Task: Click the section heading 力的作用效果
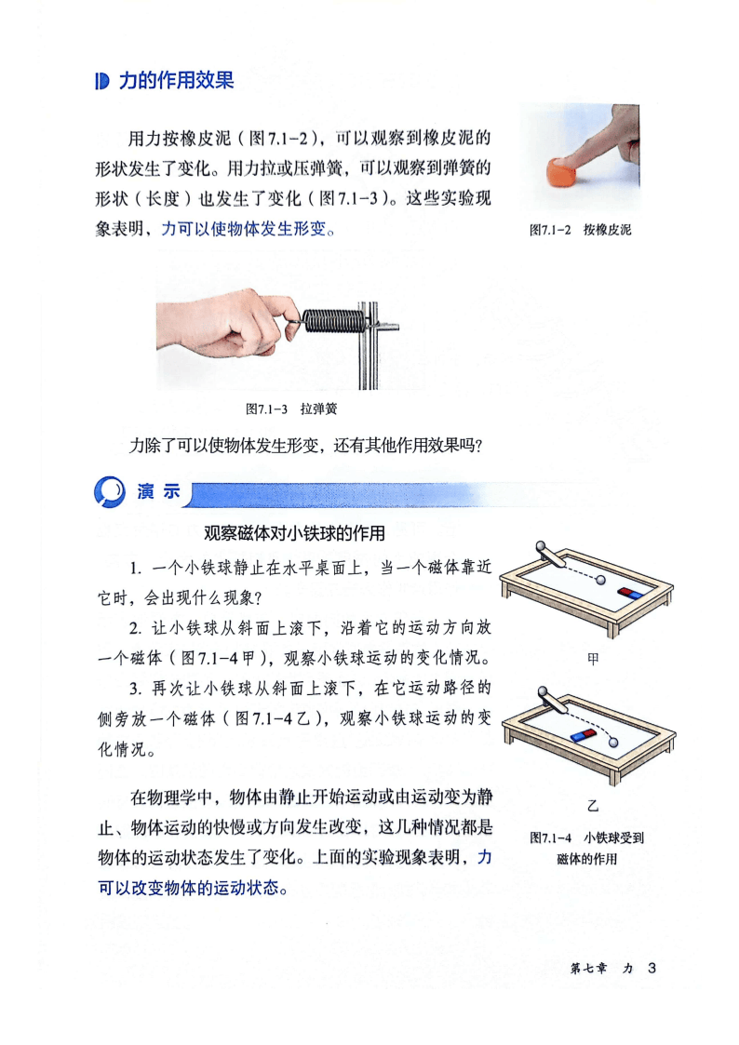tap(176, 81)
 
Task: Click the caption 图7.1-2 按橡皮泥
tap(580, 230)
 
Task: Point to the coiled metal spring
tap(332, 320)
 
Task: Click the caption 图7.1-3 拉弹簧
tap(291, 409)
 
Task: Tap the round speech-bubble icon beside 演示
tap(109, 492)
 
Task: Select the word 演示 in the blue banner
tap(158, 492)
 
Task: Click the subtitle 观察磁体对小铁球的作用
tap(294, 533)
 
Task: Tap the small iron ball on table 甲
tap(601, 580)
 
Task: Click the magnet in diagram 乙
tap(584, 734)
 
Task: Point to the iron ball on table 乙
tap(613, 742)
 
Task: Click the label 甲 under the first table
tap(592, 659)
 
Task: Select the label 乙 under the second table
tap(592, 806)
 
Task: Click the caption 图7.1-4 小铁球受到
tap(586, 837)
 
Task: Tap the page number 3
tap(652, 968)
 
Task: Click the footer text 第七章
tap(588, 969)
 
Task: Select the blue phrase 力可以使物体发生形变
tap(244, 229)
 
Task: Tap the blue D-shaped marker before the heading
tap(101, 81)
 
